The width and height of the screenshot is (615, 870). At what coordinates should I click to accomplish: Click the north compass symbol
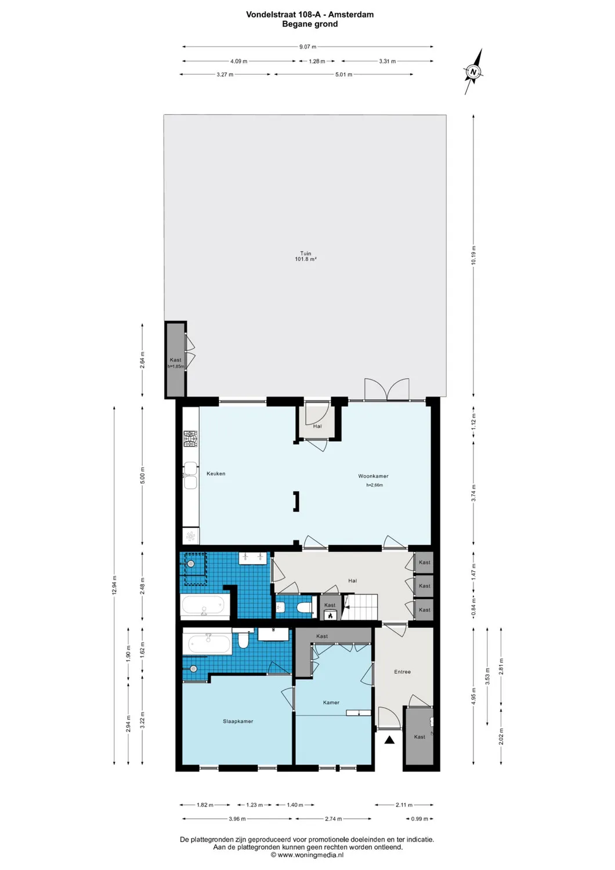473,72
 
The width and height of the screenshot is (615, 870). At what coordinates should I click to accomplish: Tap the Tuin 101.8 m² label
305,256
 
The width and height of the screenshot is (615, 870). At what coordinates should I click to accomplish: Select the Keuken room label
216,474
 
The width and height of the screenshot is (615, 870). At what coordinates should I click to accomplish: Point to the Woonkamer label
373,476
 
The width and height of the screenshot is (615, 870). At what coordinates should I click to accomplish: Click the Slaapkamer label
238,722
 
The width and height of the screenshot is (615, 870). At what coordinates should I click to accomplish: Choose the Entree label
402,672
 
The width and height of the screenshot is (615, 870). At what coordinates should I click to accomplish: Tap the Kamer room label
331,703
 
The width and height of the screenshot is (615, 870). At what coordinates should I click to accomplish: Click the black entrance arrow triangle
389,740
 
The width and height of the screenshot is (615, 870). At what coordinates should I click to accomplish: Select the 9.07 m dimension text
308,47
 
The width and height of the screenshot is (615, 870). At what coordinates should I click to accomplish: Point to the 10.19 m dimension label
473,256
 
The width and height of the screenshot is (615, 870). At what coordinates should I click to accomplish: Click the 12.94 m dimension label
114,585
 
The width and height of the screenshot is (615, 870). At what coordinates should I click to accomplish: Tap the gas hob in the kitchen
191,438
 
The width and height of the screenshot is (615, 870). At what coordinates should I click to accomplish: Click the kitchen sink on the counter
190,475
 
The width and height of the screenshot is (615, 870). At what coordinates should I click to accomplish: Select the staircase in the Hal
360,607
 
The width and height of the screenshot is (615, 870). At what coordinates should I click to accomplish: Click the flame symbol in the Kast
330,615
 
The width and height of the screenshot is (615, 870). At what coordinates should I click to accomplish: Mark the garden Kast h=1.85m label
176,363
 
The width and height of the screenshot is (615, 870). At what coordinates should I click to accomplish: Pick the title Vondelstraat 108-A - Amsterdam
310,14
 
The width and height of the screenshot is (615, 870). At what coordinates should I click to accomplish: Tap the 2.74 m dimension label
334,819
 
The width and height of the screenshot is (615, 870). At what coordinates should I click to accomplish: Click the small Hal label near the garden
317,426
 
